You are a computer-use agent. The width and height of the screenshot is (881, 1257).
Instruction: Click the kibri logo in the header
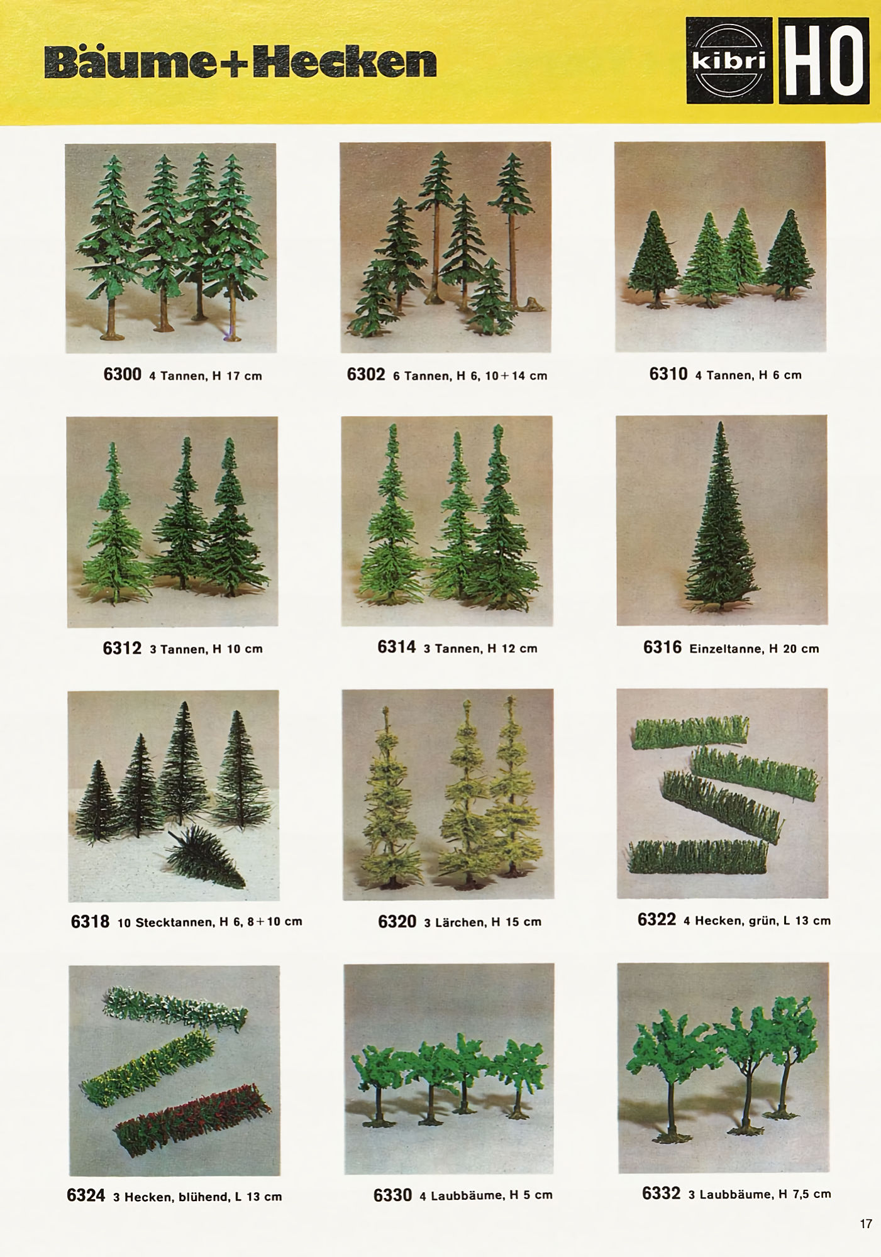tap(729, 60)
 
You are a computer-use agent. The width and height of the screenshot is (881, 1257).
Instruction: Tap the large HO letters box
tap(824, 60)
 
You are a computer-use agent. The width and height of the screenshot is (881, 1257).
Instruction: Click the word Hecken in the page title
tap(345, 62)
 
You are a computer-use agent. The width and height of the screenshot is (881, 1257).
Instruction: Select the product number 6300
tap(123, 375)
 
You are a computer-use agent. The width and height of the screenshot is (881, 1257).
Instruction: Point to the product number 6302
tap(366, 375)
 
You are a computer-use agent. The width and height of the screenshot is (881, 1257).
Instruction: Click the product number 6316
tap(662, 647)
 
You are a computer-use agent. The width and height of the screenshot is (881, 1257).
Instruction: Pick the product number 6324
tap(86, 1195)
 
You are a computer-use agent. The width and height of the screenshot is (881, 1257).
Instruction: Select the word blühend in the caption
tap(204, 1197)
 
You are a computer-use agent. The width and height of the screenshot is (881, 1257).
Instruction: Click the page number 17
tap(866, 1224)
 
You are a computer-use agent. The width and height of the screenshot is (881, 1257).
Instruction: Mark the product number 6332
tap(661, 1193)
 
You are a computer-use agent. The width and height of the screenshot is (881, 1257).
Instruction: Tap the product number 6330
tap(392, 1195)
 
